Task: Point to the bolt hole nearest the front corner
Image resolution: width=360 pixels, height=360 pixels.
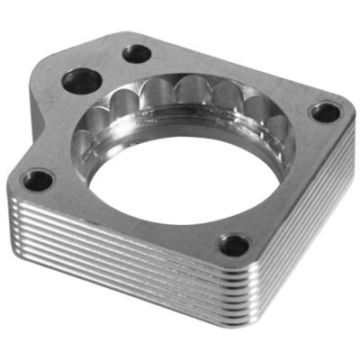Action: pos(235,243)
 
